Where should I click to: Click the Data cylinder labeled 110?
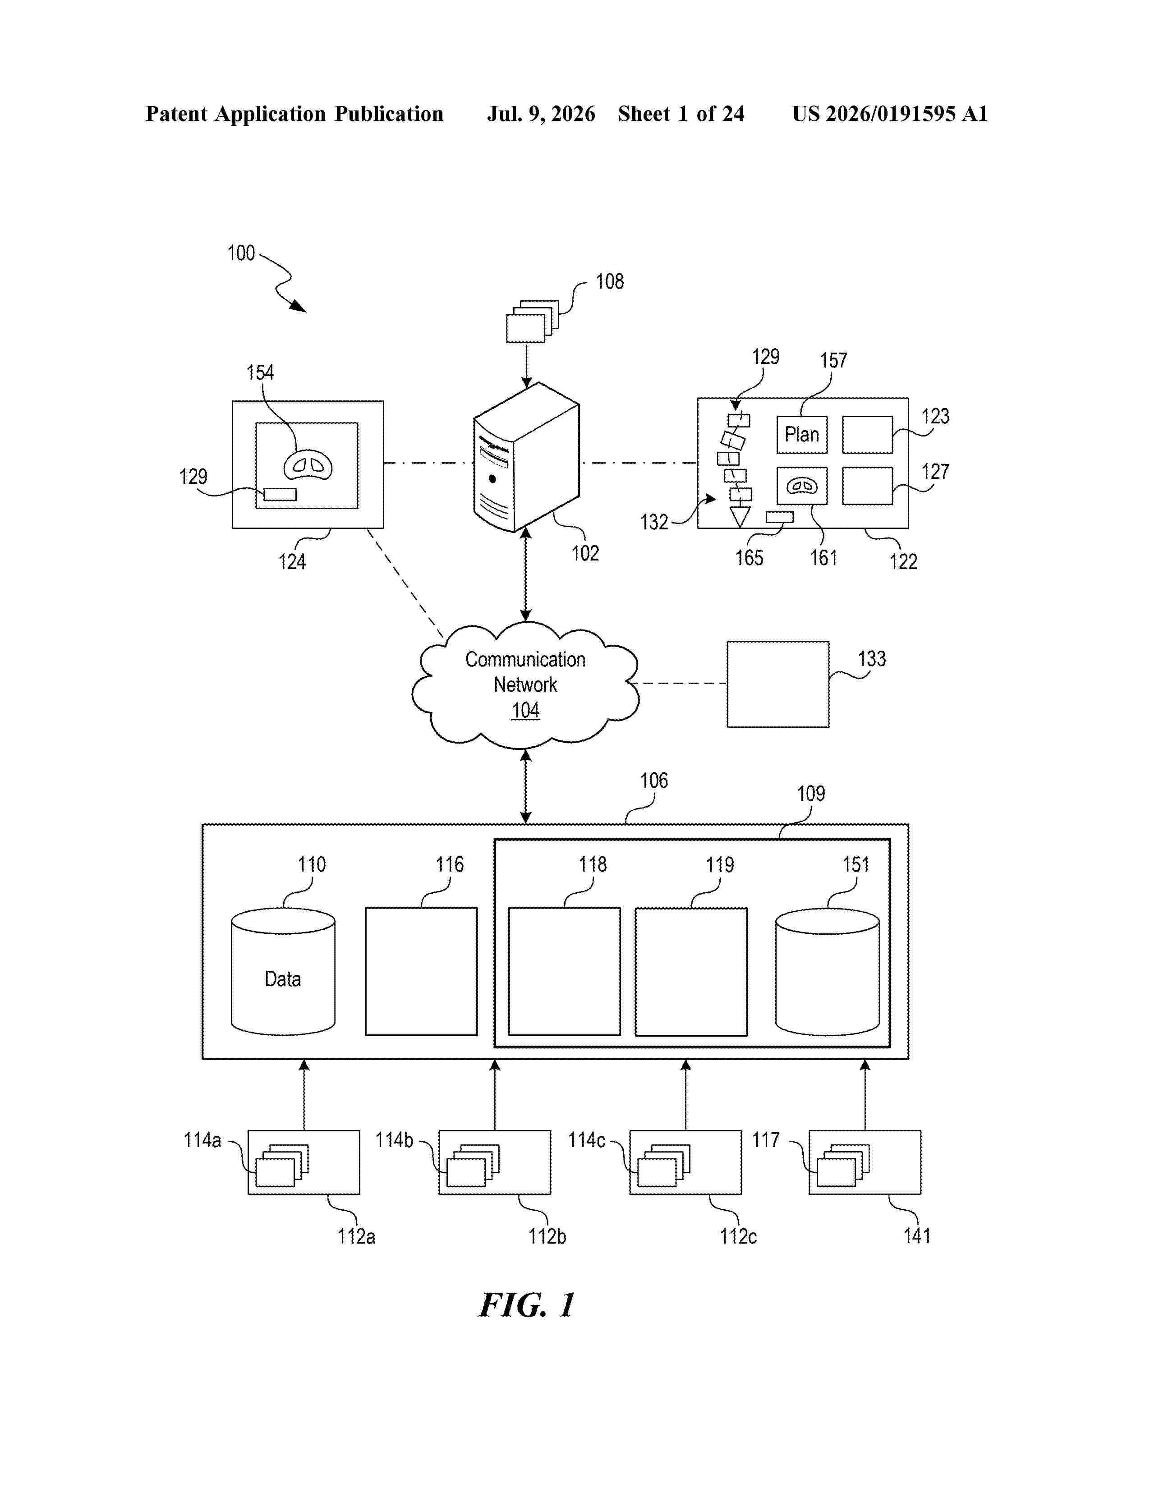tap(283, 972)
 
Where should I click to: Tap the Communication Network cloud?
tap(525, 685)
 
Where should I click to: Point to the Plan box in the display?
tap(802, 435)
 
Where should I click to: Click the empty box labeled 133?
tap(778, 684)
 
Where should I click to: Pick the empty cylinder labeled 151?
tap(828, 972)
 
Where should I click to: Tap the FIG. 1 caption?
tap(527, 1305)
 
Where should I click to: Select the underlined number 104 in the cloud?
tap(525, 710)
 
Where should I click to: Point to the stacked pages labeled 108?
tap(532, 321)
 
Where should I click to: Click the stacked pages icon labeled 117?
tap(843, 1166)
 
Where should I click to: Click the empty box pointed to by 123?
tap(867, 435)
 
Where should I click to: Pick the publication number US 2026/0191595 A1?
tap(890, 114)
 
